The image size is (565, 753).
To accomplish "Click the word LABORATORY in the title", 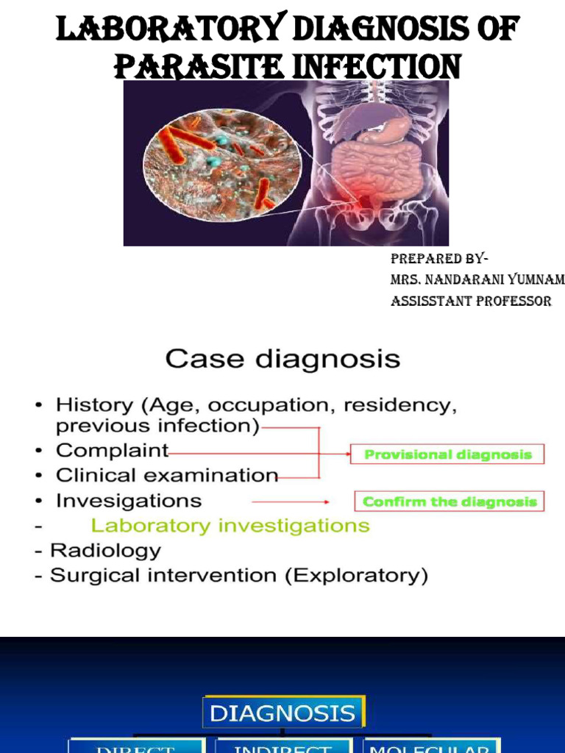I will click(x=171, y=31).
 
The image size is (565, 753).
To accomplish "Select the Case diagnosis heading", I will click(x=282, y=360).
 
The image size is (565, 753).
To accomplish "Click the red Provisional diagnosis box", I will click(x=447, y=454).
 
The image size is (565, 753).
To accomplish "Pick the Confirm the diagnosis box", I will click(x=449, y=502).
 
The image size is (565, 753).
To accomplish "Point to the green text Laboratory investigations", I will click(x=230, y=526).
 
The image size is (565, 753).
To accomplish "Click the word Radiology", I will click(x=105, y=550).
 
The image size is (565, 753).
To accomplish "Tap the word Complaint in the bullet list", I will click(x=112, y=450).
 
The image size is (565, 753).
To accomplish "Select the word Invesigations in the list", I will click(x=128, y=501).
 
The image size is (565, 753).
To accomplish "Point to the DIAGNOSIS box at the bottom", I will click(x=282, y=713).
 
